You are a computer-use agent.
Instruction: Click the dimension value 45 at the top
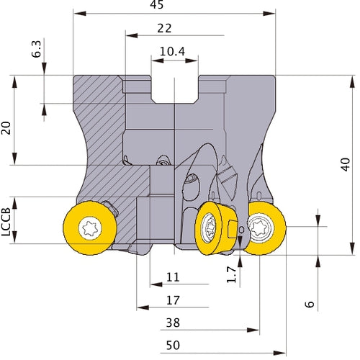157,4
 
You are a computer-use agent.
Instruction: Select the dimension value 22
164,28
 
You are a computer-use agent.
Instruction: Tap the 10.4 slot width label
172,51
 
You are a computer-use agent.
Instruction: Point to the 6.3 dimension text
37,49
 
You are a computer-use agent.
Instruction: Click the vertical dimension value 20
6,128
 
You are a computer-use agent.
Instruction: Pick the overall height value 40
346,164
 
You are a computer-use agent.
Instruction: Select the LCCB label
6,222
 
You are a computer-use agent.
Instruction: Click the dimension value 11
173,277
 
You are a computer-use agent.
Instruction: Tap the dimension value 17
173,300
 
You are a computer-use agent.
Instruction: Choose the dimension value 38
173,323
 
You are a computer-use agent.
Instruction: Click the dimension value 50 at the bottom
173,346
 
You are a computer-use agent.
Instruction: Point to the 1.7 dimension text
232,274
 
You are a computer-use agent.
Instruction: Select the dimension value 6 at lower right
310,304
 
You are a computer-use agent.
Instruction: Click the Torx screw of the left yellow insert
90,228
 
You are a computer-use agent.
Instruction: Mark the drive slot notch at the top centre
175,89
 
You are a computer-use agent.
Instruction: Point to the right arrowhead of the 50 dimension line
279,353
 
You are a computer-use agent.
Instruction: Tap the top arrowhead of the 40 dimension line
352,81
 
